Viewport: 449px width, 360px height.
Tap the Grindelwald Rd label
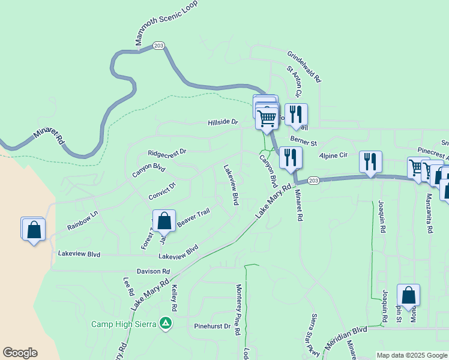point(304,65)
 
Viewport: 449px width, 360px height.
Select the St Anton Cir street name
point(294,82)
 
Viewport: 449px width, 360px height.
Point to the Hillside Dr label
point(223,122)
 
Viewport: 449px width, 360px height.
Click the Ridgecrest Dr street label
point(167,152)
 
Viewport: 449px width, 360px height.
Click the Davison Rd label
point(153,271)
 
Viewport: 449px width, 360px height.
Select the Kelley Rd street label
point(174,298)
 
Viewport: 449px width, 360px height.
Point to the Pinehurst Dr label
point(212,326)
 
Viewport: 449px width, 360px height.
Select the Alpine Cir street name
point(333,155)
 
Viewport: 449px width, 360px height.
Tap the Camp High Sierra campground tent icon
point(166,324)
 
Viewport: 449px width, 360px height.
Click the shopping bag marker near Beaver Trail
point(164,220)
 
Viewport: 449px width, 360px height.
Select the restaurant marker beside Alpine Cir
point(370,162)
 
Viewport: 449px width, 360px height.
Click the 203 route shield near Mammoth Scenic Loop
point(158,46)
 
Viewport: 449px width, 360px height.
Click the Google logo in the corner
point(20,353)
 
